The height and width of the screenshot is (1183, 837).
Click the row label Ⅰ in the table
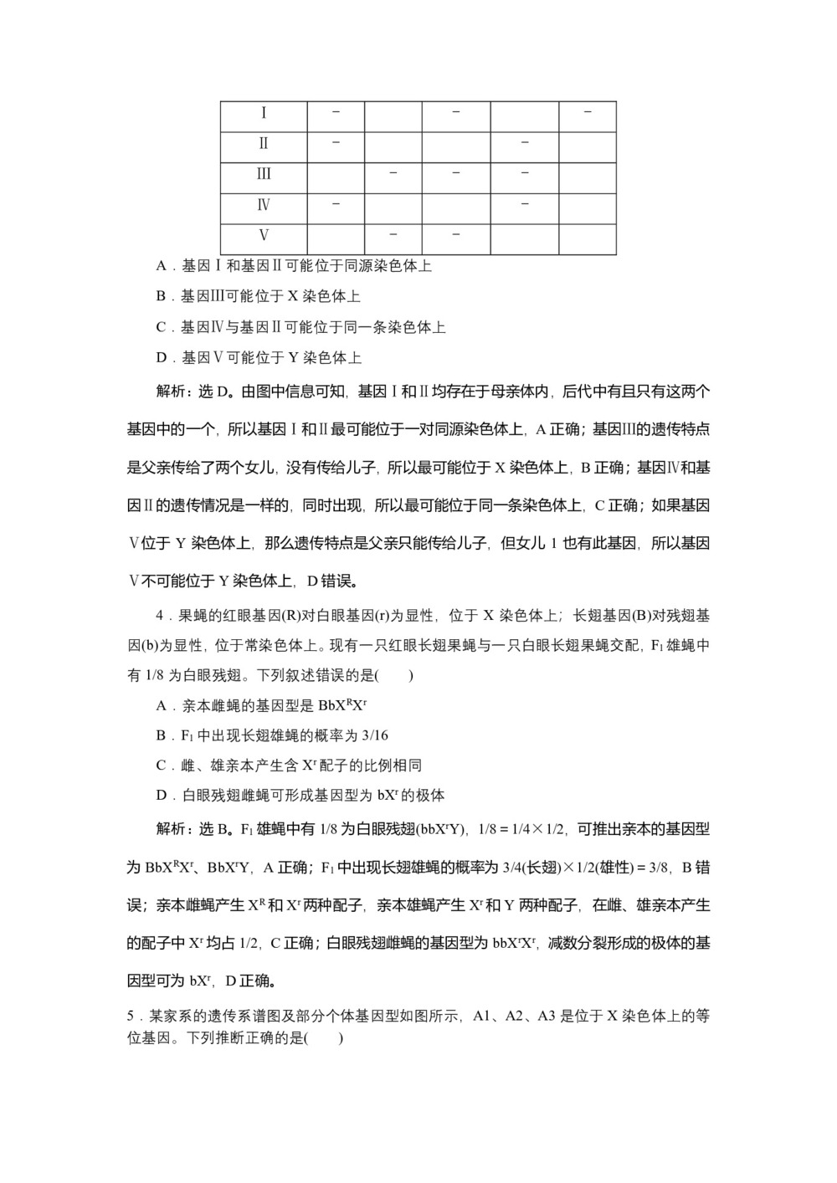[264, 113]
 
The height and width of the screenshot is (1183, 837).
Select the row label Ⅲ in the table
[264, 174]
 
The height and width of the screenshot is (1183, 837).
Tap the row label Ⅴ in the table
[264, 235]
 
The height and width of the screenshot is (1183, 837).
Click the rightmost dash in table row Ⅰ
[587, 111]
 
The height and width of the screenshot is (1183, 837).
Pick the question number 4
[160, 616]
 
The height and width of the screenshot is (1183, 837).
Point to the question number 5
[131, 1017]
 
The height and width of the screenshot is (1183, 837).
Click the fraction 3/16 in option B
[373, 735]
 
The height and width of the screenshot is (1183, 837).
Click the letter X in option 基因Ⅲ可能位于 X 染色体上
[293, 296]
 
